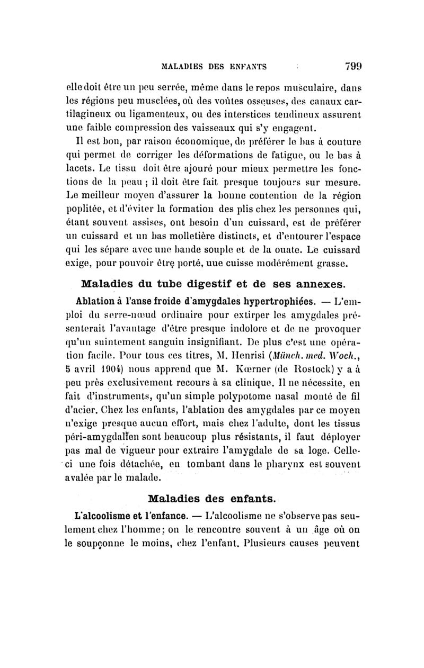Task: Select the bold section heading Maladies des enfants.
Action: click(211, 499)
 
